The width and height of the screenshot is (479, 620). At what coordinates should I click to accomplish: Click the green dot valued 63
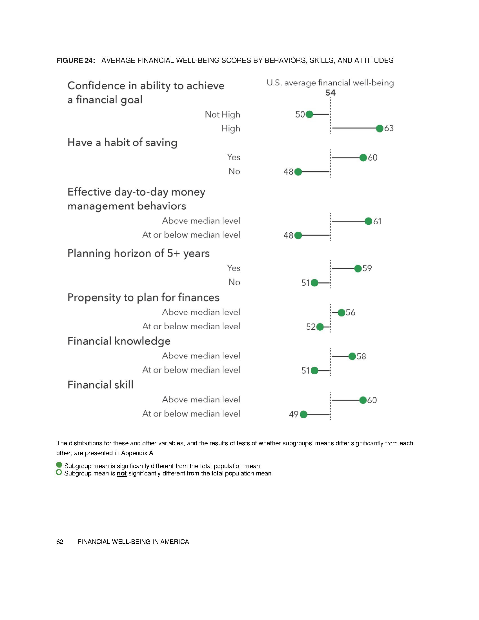380,129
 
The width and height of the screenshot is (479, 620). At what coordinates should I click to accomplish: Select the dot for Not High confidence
309,115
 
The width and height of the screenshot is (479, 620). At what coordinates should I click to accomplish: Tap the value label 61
377,222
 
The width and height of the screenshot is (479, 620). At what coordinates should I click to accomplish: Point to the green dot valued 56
341,313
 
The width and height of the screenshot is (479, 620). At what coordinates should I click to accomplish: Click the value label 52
311,327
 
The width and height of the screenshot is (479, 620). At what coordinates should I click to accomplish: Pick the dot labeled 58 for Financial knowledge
352,356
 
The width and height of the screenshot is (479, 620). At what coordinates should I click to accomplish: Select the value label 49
294,415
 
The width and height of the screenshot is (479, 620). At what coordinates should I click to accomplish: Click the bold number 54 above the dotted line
330,93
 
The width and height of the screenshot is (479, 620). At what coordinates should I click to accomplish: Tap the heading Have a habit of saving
122,143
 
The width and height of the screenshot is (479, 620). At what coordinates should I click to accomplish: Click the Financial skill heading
100,385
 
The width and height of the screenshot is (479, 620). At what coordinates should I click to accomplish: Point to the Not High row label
223,115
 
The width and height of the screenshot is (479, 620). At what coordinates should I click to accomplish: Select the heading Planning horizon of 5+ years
138,253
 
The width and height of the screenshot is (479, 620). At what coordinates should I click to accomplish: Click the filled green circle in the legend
59,465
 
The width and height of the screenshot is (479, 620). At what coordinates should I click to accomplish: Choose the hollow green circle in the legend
59,472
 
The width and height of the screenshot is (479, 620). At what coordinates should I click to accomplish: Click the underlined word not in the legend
121,473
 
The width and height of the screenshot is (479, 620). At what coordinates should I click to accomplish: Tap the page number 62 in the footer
59,542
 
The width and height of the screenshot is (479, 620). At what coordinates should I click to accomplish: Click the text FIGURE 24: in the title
76,61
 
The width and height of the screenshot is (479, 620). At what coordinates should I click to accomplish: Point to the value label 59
367,269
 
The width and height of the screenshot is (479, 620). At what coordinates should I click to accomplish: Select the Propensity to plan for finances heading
143,298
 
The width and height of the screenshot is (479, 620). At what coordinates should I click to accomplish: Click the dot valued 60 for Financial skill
363,400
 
